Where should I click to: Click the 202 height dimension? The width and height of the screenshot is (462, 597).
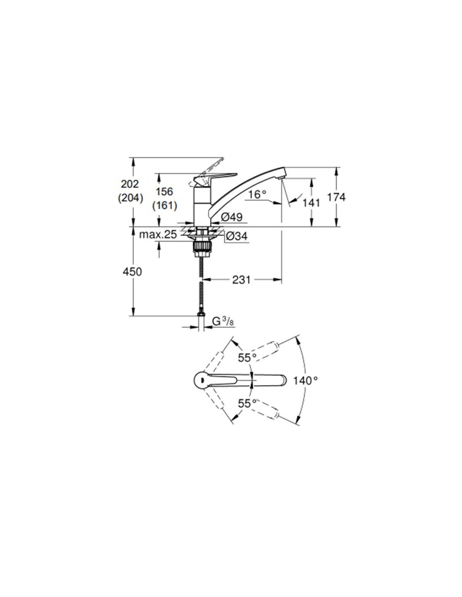tap(130, 184)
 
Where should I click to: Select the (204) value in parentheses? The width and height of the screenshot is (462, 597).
tap(131, 198)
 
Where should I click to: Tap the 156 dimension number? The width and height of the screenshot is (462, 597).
tap(165, 191)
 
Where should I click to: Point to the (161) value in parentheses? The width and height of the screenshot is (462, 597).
tap(165, 205)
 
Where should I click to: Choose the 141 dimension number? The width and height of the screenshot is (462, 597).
tap(311, 203)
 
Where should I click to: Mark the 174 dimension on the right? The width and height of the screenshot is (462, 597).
tap(336, 197)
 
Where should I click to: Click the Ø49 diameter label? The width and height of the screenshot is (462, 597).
tap(231, 217)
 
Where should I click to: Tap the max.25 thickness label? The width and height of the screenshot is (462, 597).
tap(157, 235)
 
